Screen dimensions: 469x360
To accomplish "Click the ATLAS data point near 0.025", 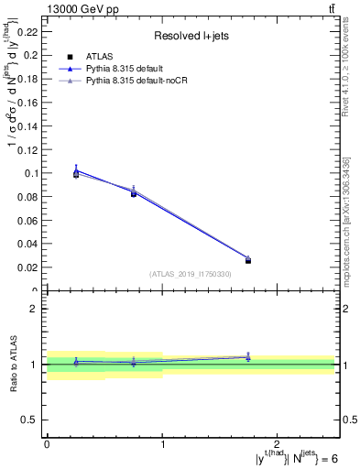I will coord(247,261).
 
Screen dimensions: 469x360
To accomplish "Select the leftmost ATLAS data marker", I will coord(76,174).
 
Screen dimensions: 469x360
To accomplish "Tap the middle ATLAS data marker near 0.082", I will coord(134,193).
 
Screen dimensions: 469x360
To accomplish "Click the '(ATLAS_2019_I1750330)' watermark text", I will coord(190,274).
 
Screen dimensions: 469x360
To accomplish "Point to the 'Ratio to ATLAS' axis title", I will coord(14,364).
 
